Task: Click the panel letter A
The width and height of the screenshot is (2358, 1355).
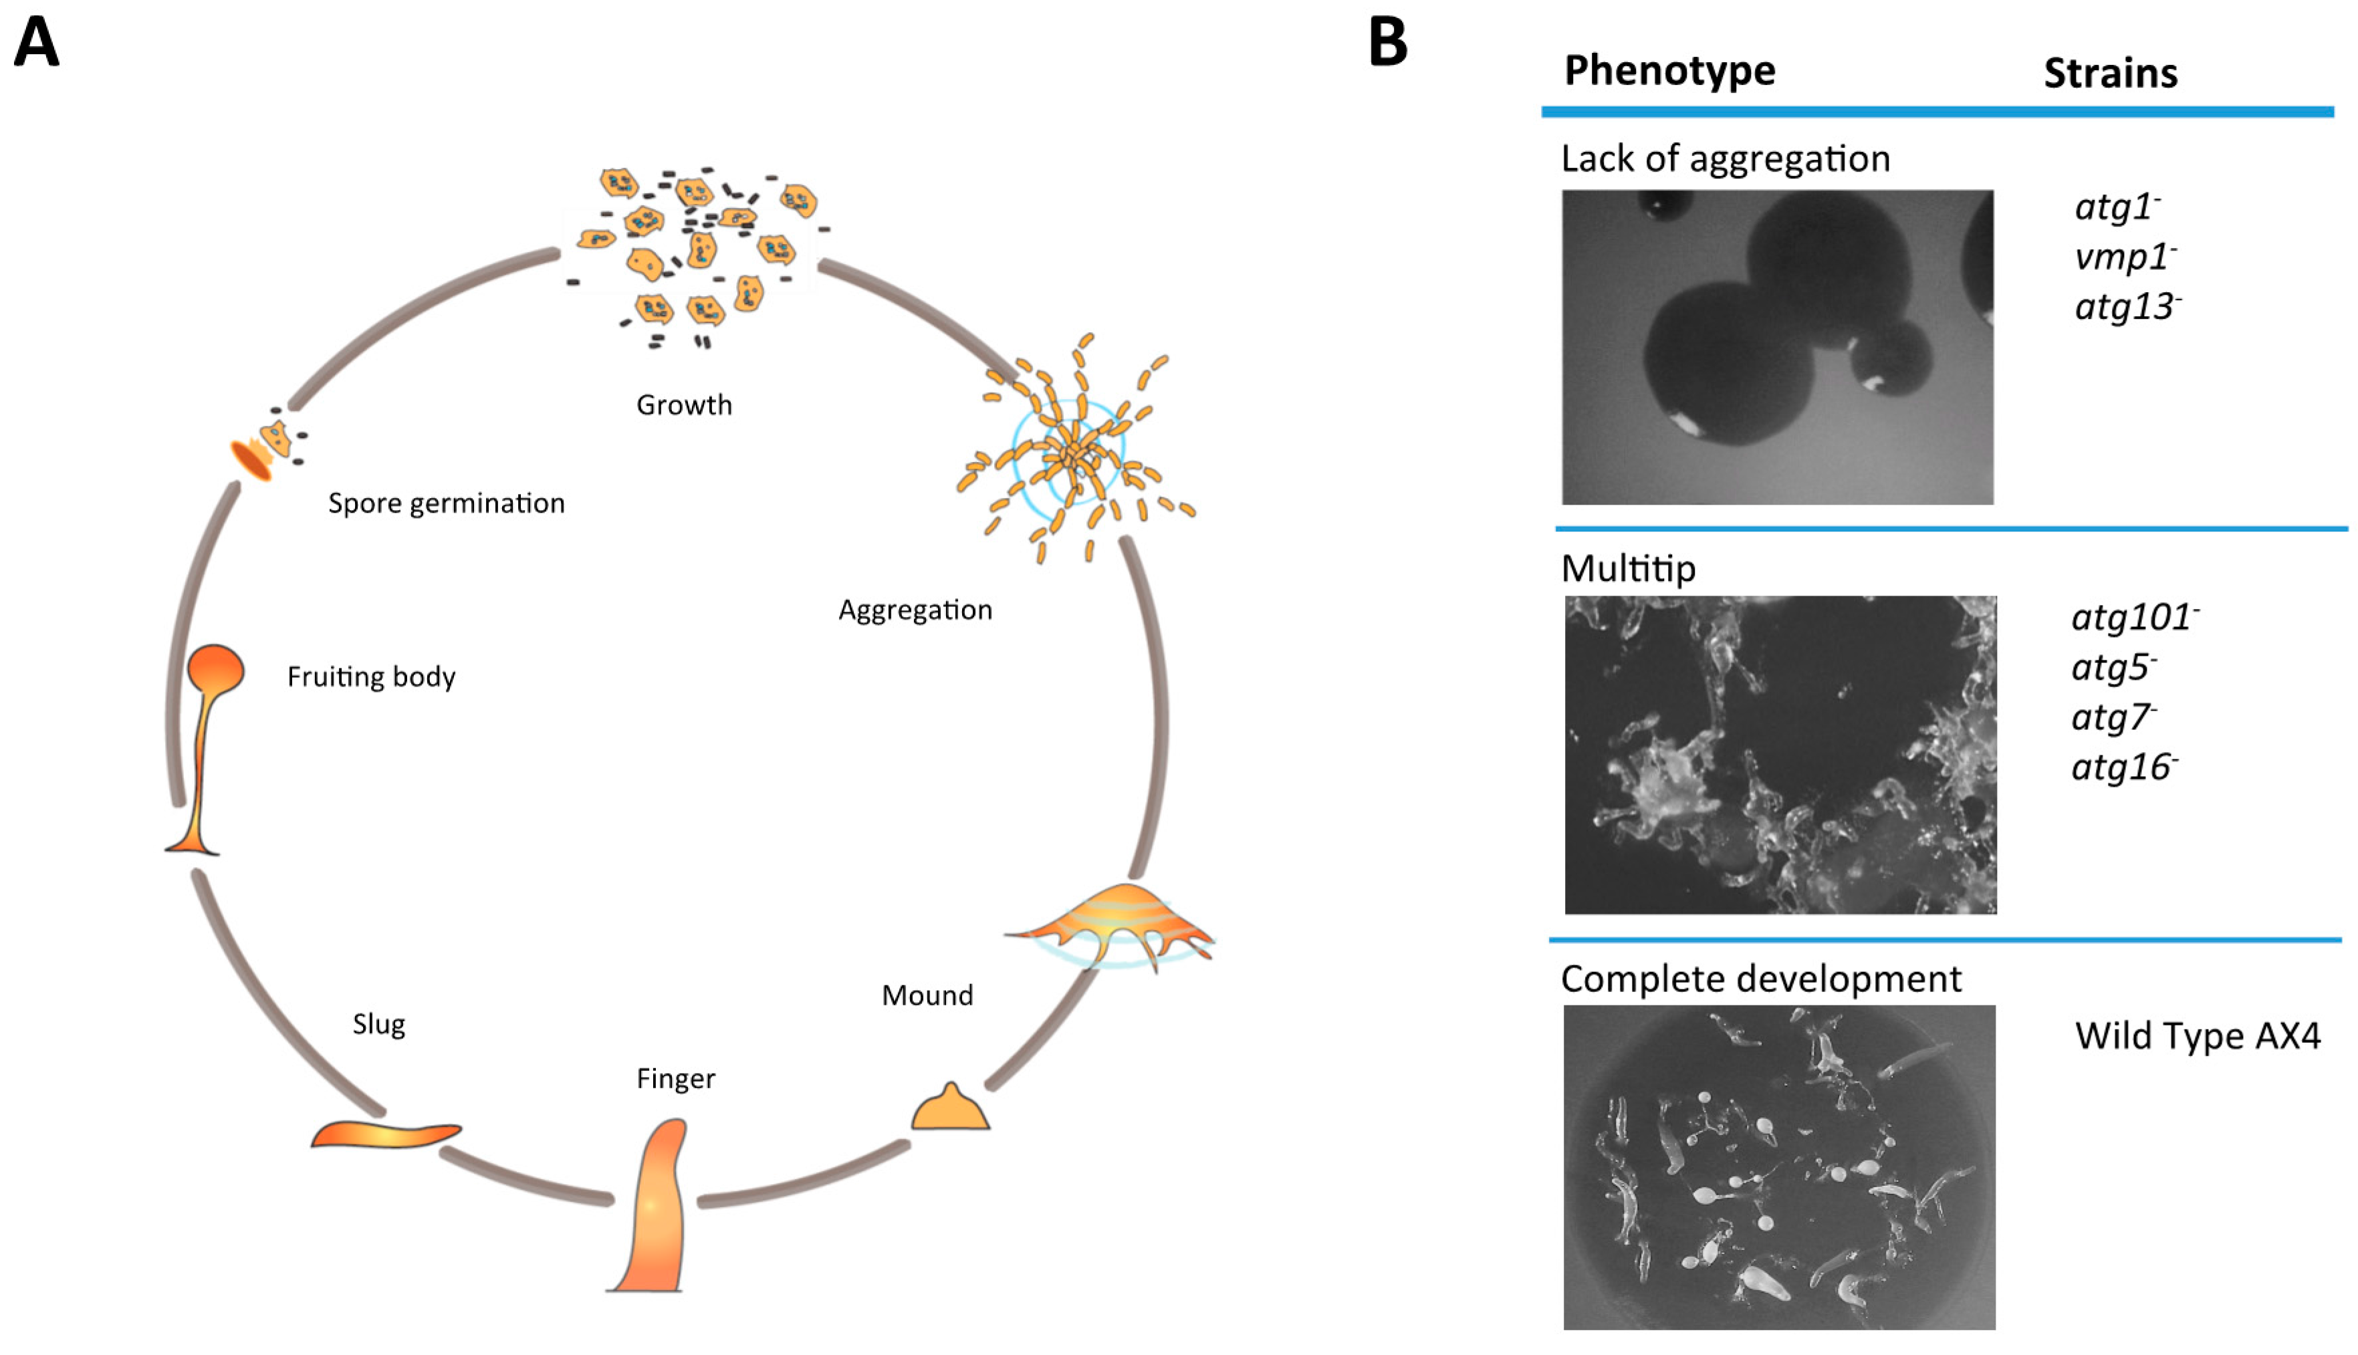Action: click(x=37, y=43)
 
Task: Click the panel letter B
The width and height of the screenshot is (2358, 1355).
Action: click(x=1387, y=43)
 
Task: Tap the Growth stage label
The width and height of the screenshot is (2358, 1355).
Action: click(x=684, y=405)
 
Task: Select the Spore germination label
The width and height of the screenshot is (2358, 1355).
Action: click(x=446, y=503)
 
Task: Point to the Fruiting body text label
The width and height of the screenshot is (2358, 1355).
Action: click(x=371, y=676)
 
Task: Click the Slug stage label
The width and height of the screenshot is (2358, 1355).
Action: click(x=378, y=1025)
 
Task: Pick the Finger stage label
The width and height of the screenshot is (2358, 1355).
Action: click(x=675, y=1079)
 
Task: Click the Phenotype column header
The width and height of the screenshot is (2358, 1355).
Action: click(x=1669, y=71)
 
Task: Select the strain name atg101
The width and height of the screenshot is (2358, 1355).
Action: click(x=2134, y=618)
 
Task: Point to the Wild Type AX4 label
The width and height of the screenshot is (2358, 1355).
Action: click(x=2197, y=1035)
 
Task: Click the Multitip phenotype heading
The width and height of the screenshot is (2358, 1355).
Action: click(x=1629, y=569)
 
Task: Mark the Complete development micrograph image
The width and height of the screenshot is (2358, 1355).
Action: click(x=1778, y=1167)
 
